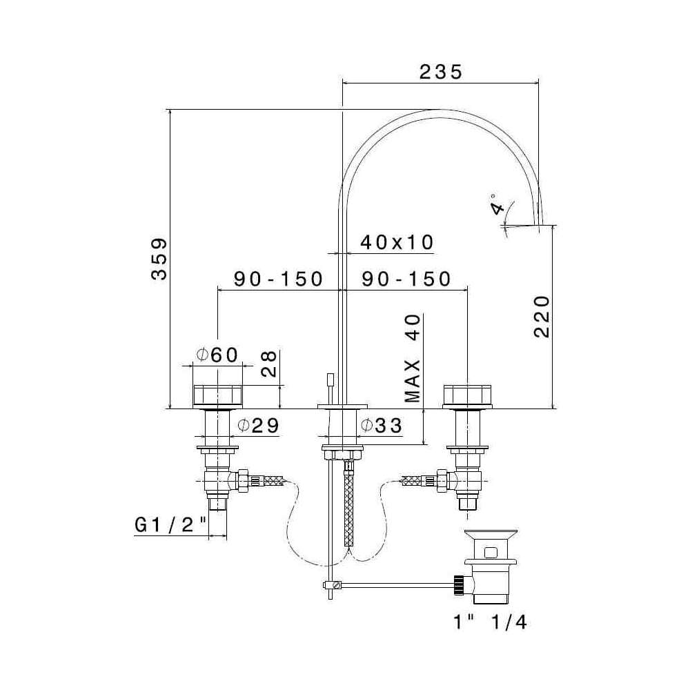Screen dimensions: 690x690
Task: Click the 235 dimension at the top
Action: click(x=440, y=72)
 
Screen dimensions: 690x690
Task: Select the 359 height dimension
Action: click(x=159, y=259)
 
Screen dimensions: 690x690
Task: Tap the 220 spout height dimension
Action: click(x=542, y=317)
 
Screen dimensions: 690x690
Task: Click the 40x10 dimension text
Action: click(x=397, y=242)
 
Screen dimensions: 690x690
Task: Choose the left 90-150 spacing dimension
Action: click(x=278, y=279)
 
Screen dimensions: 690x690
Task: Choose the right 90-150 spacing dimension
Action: click(x=406, y=279)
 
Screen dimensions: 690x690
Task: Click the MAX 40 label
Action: click(x=413, y=359)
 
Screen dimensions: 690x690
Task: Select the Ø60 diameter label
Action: click(x=217, y=354)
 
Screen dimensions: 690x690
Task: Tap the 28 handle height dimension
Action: click(x=269, y=364)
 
